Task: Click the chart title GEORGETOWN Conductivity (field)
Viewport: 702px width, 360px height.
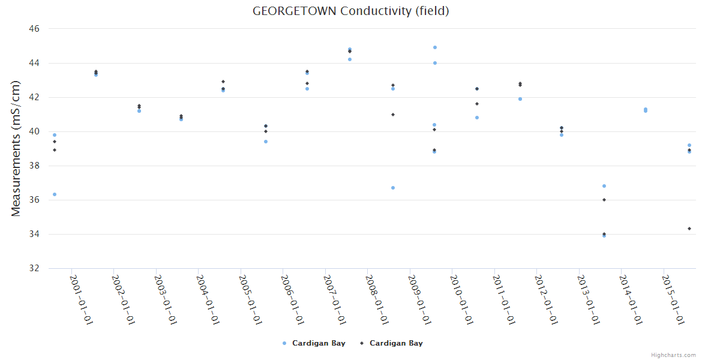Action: [x=351, y=11]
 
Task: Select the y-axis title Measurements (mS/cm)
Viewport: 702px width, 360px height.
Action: [x=16, y=148]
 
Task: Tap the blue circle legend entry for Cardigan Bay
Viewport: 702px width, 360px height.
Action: [x=313, y=343]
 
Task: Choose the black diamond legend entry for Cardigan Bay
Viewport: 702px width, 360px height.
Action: [x=391, y=343]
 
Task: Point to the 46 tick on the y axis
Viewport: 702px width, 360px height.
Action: [x=34, y=29]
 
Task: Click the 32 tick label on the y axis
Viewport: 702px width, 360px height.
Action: [x=34, y=268]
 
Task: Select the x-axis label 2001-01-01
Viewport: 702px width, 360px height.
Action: [x=80, y=300]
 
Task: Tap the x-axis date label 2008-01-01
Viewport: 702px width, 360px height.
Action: [x=377, y=300]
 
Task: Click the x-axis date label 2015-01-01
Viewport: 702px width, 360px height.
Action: [x=673, y=300]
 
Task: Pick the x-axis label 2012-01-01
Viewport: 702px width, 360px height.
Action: [x=546, y=300]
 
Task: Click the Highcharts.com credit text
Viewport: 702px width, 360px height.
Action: [x=673, y=355]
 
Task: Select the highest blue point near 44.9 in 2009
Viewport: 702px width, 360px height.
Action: [x=435, y=47]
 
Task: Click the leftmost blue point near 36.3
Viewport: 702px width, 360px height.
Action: [x=55, y=194]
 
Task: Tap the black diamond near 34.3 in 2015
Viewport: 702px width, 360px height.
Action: [x=689, y=229]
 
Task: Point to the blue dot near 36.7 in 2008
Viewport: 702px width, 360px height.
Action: [x=393, y=188]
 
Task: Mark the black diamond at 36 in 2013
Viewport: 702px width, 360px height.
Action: [x=604, y=200]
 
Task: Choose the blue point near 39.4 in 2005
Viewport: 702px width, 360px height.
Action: [x=266, y=142]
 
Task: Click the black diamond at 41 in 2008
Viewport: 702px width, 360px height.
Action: [x=393, y=115]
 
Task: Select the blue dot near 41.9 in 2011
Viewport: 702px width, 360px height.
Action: [x=520, y=99]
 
